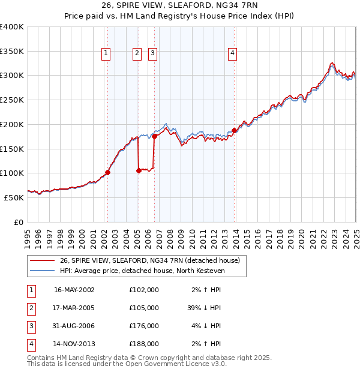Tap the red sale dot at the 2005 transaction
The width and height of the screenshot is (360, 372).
(139, 170)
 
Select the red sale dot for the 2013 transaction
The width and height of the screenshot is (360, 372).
(234, 130)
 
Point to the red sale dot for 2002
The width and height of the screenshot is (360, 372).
(108, 172)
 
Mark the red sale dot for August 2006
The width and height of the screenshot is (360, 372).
(154, 136)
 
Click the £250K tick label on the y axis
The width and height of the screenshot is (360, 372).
(12, 100)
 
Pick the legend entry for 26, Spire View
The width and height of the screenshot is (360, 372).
(150, 260)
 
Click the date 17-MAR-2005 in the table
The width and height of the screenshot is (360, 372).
(74, 308)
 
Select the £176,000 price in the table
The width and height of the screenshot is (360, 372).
(143, 326)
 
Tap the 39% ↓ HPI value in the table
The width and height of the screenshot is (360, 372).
(204, 308)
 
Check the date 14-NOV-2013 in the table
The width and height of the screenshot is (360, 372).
(74, 344)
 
